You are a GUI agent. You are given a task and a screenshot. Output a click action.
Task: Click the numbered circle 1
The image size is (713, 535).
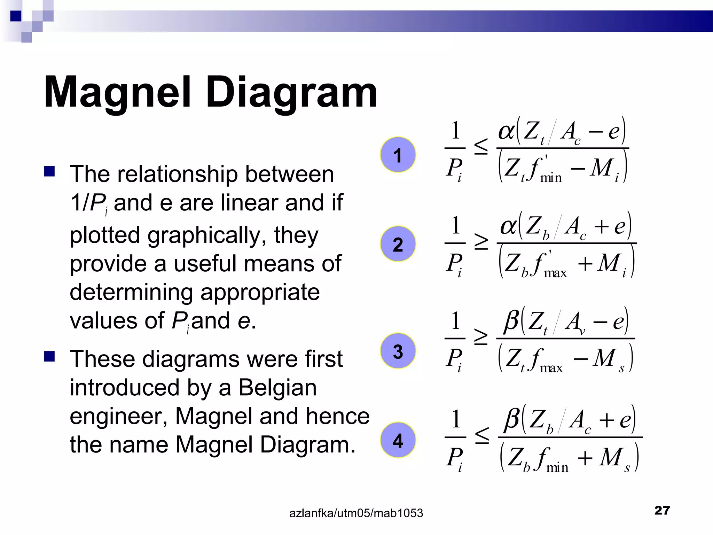[398, 155]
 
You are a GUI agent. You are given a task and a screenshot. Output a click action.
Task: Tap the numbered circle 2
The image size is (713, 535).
[398, 244]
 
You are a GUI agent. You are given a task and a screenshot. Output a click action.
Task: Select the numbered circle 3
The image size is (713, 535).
[398, 351]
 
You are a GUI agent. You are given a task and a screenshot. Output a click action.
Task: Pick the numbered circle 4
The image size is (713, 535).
[398, 440]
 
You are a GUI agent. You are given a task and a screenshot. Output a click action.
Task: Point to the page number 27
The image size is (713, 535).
[662, 510]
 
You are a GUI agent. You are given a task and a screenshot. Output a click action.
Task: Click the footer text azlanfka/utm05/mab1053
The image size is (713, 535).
[356, 513]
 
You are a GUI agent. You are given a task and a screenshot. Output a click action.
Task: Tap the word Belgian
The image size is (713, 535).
[277, 387]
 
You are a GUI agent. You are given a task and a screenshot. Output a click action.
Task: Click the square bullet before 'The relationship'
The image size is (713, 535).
[49, 171]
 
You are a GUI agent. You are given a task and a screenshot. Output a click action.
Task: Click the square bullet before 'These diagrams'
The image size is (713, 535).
[49, 357]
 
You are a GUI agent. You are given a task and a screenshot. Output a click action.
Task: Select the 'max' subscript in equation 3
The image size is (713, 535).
[551, 368]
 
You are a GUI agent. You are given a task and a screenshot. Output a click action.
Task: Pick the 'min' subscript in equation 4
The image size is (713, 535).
[557, 467]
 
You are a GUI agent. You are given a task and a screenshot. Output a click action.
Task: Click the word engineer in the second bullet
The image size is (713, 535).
[118, 417]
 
